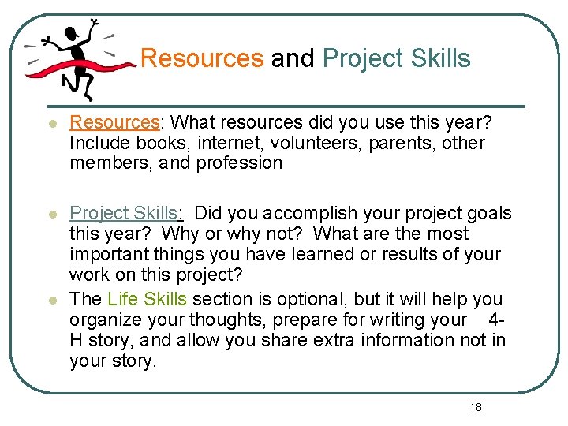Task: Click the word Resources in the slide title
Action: point(201,58)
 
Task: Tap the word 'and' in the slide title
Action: point(293,58)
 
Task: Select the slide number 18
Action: point(475,407)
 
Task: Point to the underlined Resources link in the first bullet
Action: point(114,122)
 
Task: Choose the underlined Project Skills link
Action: point(126,213)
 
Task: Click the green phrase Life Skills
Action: point(147,299)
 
